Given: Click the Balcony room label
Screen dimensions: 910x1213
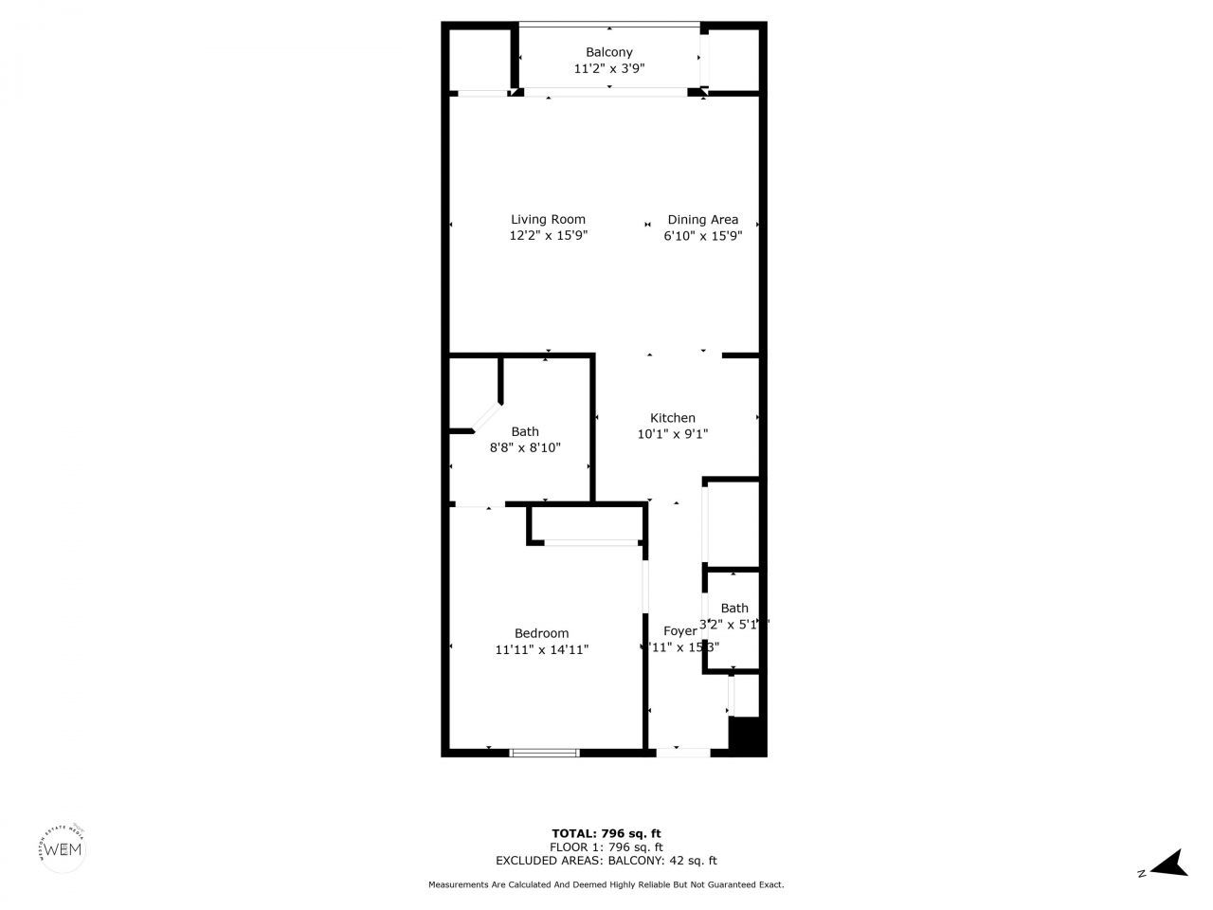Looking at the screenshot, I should pyautogui.click(x=608, y=52).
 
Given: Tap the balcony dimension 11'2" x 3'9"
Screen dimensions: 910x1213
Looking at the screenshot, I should pyautogui.click(x=608, y=68).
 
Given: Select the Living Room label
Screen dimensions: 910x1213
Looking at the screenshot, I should pyautogui.click(x=548, y=219).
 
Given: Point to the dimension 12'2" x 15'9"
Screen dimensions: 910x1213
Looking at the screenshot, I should pyautogui.click(x=548, y=236).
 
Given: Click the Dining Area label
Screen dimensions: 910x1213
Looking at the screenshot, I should pyautogui.click(x=702, y=219).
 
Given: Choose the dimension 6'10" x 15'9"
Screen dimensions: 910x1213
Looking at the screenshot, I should pyautogui.click(x=702, y=236).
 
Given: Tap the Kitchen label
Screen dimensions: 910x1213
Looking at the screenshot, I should pyautogui.click(x=672, y=417).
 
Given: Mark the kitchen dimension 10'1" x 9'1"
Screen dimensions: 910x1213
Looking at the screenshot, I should pyautogui.click(x=672, y=434).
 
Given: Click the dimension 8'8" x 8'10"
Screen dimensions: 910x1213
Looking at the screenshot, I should pyautogui.click(x=525, y=447).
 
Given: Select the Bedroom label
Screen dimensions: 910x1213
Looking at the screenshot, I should pyautogui.click(x=541, y=633).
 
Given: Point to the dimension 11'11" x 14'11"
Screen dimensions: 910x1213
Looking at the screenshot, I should pyautogui.click(x=541, y=650).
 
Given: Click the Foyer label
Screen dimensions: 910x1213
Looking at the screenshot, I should pyautogui.click(x=679, y=630).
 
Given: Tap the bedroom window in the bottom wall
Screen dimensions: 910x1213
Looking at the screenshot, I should pyautogui.click(x=544, y=753).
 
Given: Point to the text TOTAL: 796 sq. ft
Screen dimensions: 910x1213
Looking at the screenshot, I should pyautogui.click(x=606, y=833).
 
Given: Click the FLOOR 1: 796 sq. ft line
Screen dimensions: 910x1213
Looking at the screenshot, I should pyautogui.click(x=606, y=846).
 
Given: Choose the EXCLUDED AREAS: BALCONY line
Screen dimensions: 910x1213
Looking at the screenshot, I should pyautogui.click(x=606, y=861).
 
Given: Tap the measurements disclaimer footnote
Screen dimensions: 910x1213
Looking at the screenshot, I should pyautogui.click(x=606, y=884).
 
